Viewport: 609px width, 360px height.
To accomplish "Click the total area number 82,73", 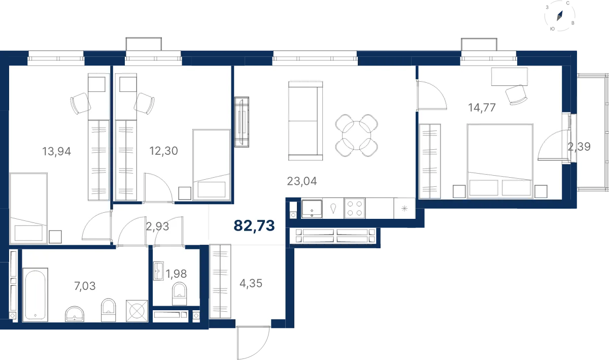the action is pos(254,225).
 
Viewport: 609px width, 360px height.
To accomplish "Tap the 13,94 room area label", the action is pos(56,151).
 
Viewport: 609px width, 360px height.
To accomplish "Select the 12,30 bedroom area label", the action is pos(163,150).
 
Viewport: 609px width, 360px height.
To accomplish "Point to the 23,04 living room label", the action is pos(302,181).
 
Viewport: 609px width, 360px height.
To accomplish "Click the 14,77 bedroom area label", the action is pos(482,108).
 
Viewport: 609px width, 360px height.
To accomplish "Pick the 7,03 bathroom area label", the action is pos(85,286).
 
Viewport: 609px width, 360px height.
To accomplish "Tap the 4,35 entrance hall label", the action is pos(251,283).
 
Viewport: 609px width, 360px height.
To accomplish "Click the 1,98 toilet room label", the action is pos(176,274).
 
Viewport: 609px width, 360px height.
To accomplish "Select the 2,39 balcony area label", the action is pos(579,147).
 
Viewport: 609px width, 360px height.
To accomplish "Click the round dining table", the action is pos(356,136).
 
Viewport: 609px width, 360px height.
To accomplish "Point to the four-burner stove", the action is pos(355,208).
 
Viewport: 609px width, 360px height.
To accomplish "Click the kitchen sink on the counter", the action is pos(312,209).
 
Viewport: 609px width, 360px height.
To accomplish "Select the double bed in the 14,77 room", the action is pos(500,161).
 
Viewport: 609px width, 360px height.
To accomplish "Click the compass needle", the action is pos(559,16).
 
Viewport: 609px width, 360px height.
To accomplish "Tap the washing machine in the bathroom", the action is pos(137,311).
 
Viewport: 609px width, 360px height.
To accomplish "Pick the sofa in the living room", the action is pos(306,120).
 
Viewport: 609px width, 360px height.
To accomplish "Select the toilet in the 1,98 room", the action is pos(180,294).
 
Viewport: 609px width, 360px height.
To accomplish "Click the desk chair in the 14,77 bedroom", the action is pos(516,94).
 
